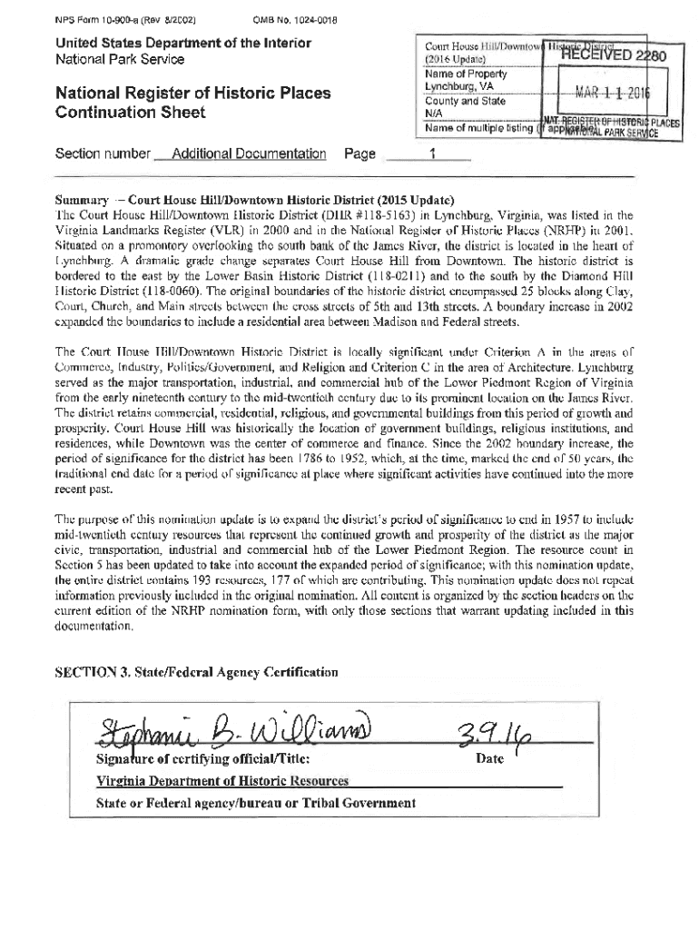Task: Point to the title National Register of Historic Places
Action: [192, 94]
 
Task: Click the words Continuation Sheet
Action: [131, 113]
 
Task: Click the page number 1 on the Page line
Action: [433, 154]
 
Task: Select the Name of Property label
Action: [466, 74]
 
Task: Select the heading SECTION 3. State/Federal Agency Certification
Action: [196, 673]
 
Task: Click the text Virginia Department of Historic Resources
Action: [222, 781]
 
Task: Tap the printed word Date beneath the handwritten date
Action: [490, 759]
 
